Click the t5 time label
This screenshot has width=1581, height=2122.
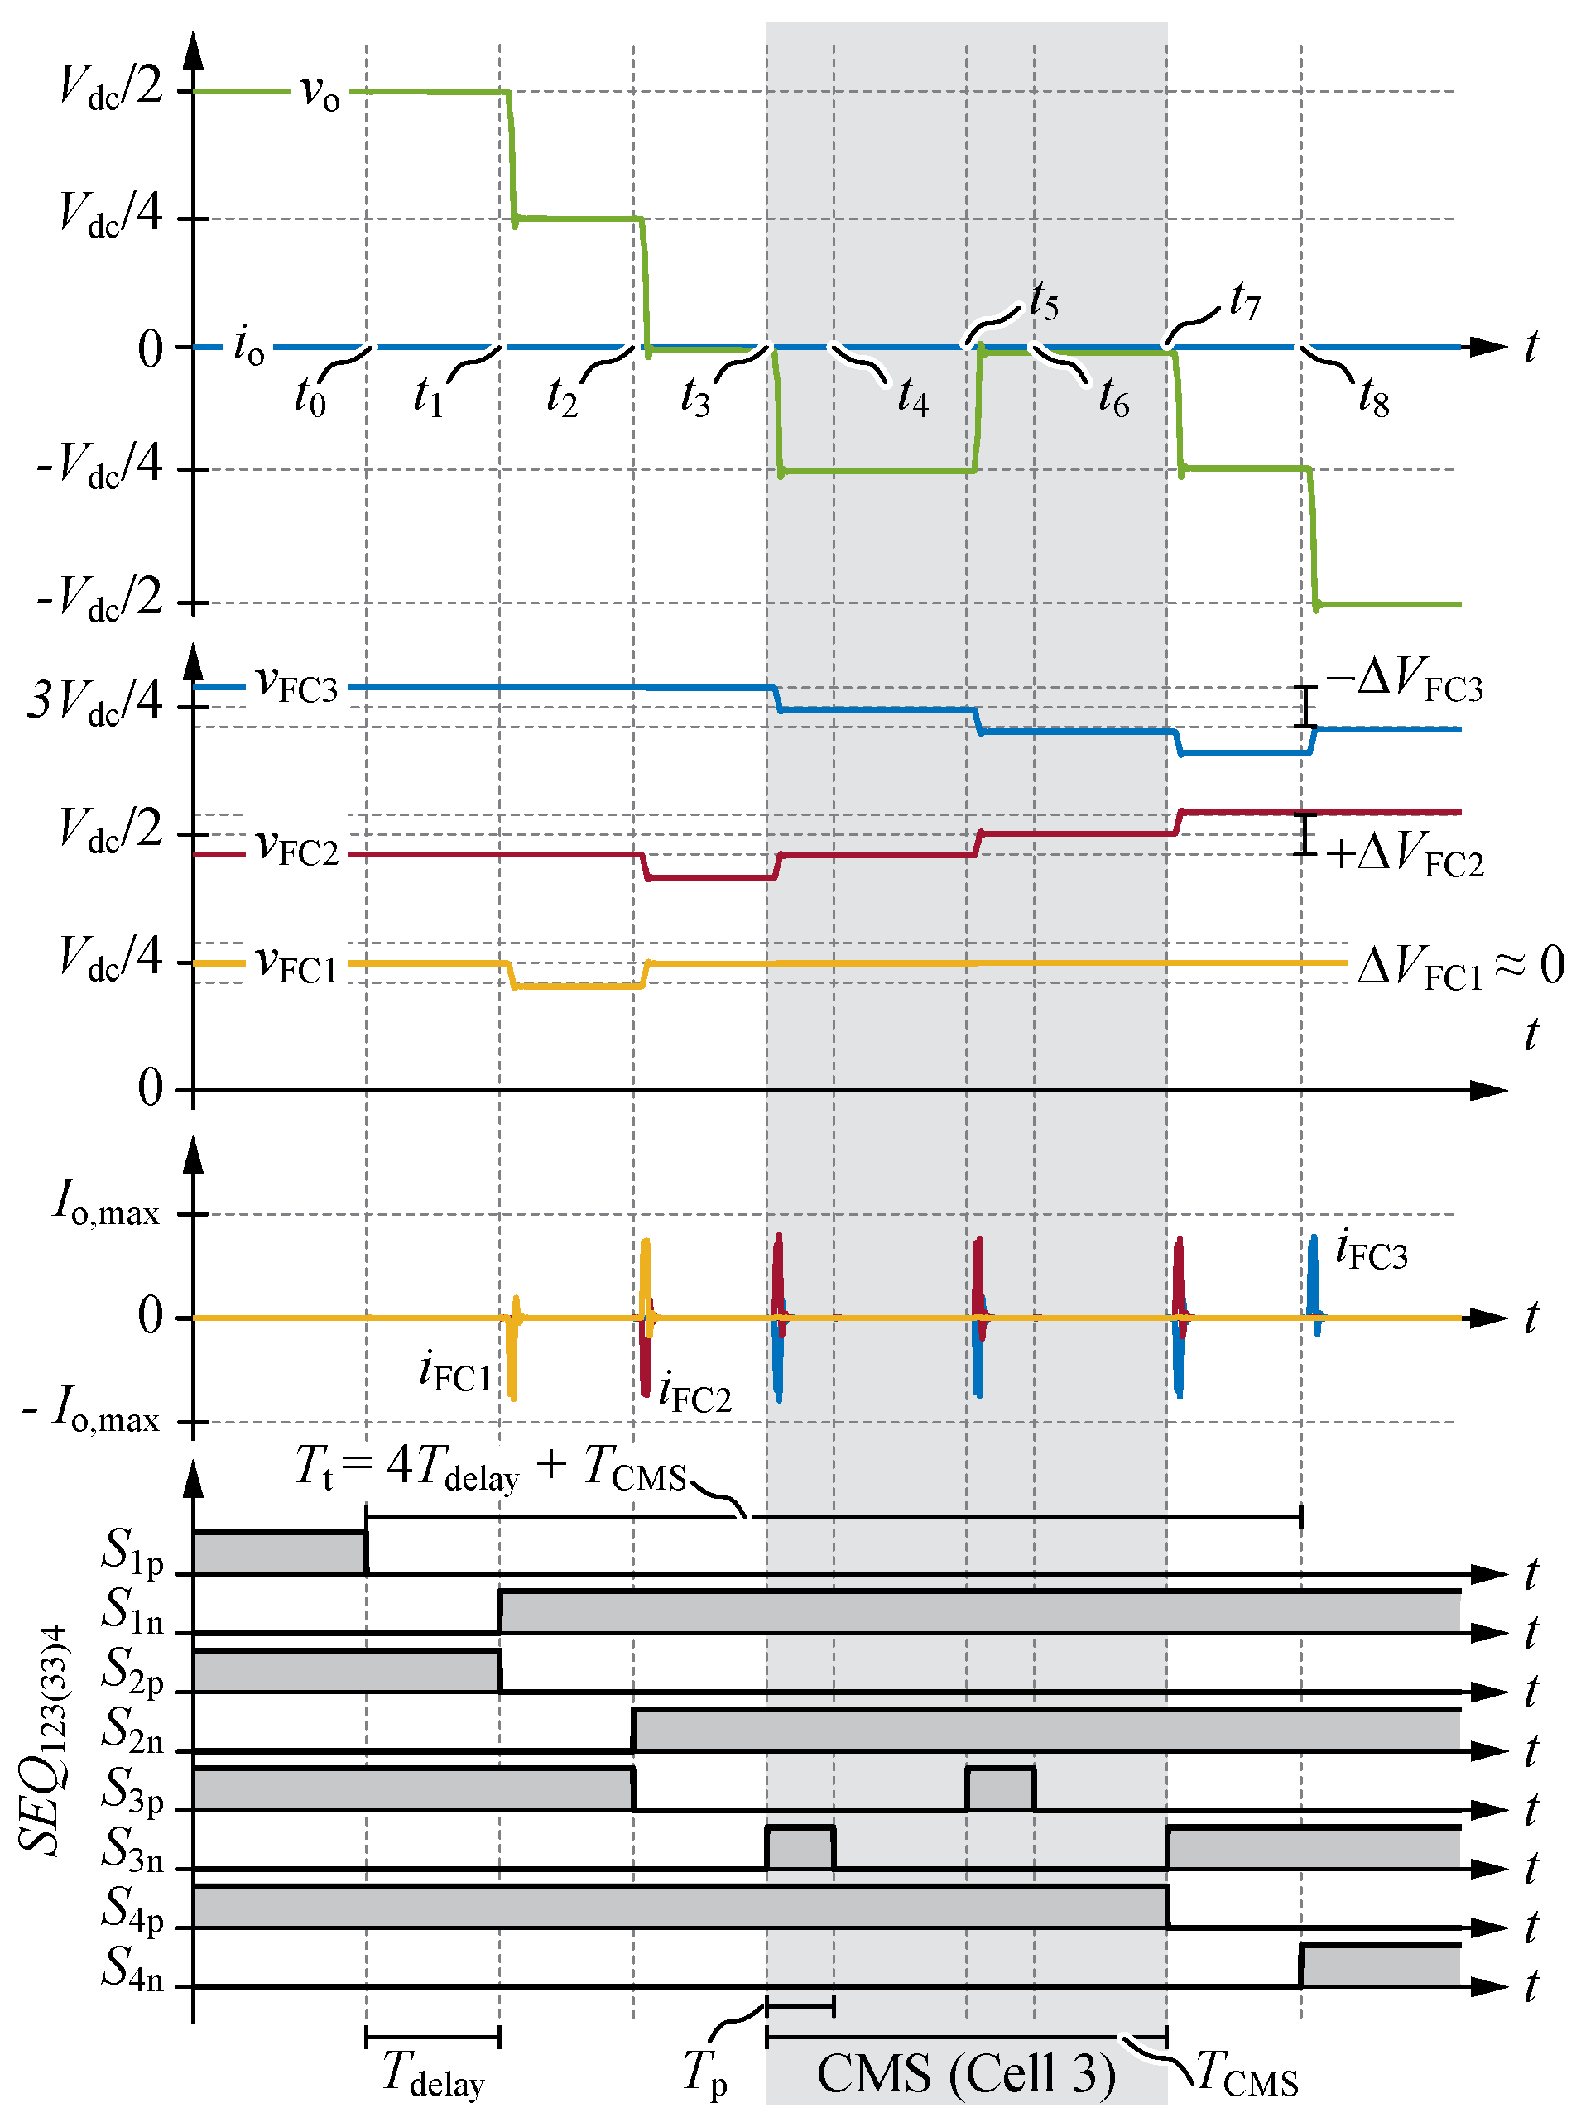1044,303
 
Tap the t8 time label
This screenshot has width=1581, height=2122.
1374,397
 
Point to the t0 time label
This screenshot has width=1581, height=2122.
310,396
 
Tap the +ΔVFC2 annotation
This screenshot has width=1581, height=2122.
1404,852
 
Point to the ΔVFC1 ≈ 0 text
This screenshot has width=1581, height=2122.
1459,967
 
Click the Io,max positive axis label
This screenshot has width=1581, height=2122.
106,1203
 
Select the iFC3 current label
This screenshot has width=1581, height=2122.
1372,1251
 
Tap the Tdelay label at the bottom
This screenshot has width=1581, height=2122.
433,2074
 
